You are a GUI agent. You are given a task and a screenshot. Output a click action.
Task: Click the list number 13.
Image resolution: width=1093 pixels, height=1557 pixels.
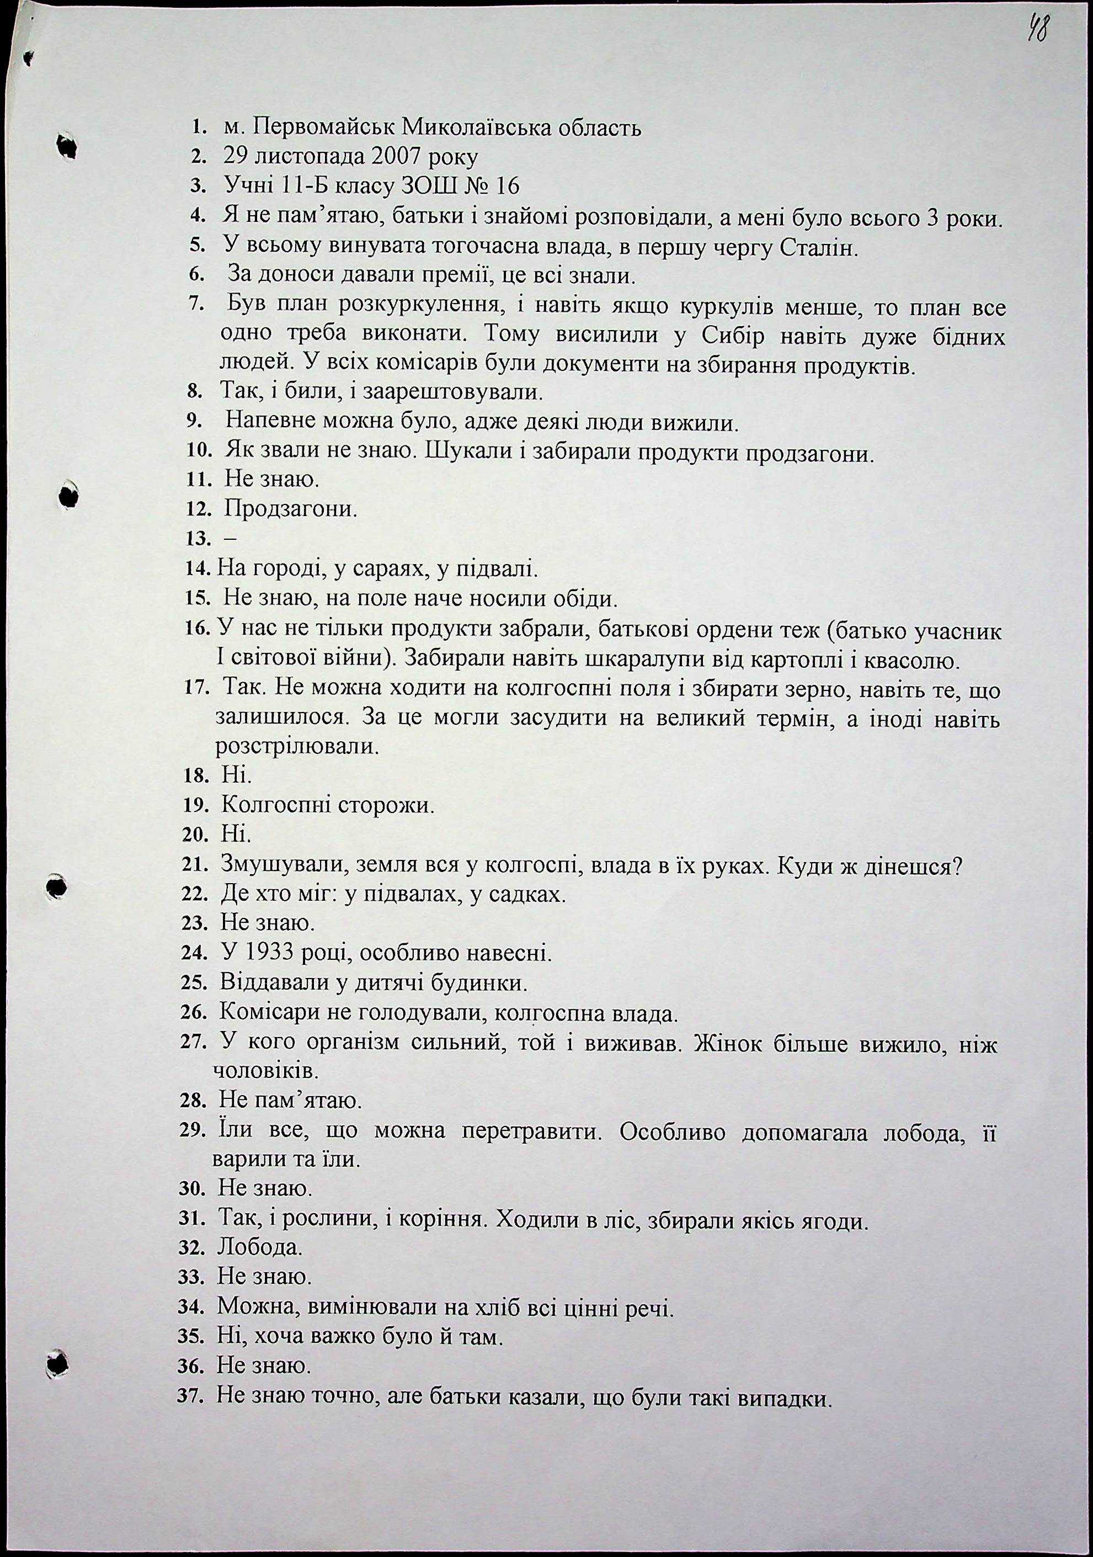(x=198, y=539)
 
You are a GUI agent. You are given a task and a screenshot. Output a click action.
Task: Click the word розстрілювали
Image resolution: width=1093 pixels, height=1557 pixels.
(x=296, y=747)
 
